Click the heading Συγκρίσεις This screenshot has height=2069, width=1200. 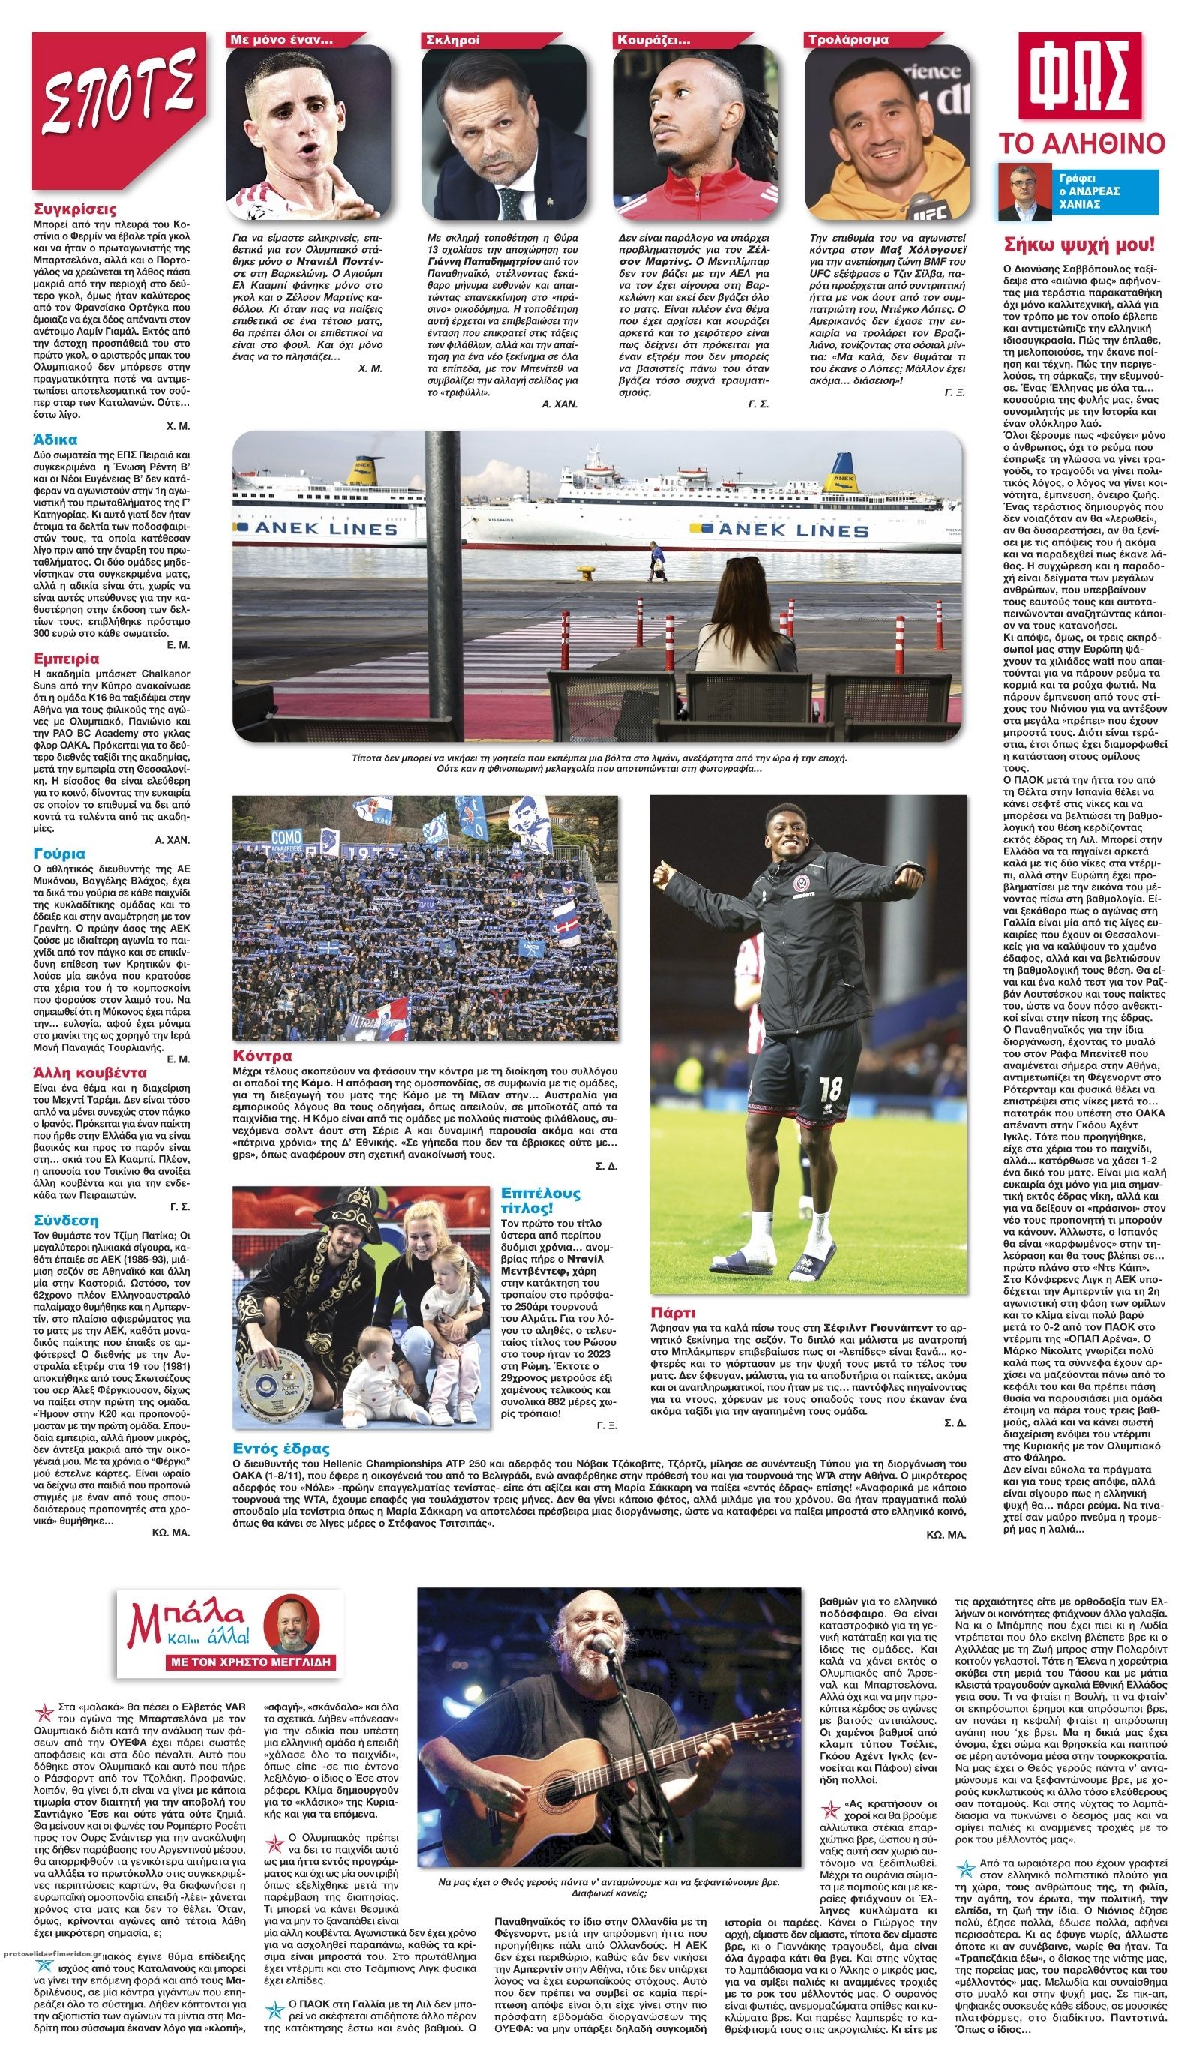pyautogui.click(x=75, y=209)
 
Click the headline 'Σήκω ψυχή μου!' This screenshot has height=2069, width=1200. pyautogui.click(x=1079, y=244)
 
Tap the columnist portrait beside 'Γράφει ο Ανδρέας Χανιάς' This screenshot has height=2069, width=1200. pyautogui.click(x=1023, y=192)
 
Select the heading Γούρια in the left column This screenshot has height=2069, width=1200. pyautogui.click(x=59, y=854)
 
